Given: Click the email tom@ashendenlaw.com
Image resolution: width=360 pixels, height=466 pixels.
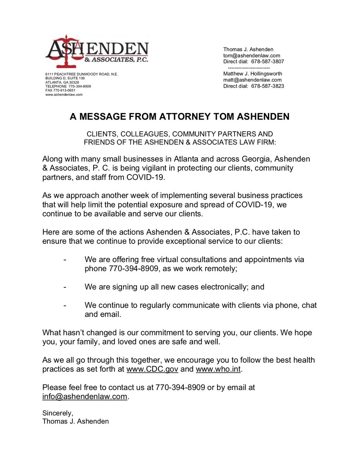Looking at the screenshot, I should point(251,56).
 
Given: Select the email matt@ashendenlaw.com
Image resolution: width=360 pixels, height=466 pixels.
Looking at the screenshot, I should point(252,80).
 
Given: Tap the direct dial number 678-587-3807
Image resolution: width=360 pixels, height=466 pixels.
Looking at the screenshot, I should point(268,62).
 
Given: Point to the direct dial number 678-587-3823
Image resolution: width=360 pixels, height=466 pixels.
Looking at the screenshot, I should point(268,86).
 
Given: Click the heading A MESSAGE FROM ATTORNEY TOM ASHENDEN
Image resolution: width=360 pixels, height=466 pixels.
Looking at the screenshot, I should point(179,117).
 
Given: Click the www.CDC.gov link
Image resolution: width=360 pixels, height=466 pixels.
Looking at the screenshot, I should point(152,369).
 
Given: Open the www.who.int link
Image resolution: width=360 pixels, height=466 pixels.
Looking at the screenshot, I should point(219,369).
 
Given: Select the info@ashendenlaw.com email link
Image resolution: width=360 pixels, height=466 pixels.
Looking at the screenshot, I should point(85,396).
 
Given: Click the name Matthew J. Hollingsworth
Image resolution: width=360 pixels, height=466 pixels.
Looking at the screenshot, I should point(252,73).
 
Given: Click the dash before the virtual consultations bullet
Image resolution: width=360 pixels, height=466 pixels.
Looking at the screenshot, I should point(64,259).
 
